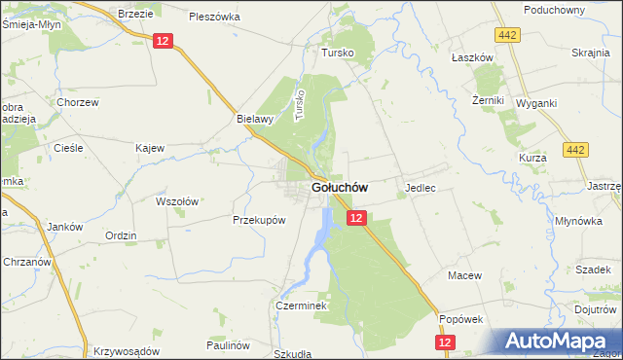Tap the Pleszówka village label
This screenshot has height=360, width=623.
coord(215,17)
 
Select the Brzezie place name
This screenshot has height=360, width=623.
coord(136,14)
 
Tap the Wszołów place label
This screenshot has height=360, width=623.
coord(177,201)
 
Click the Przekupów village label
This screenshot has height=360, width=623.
coord(259,220)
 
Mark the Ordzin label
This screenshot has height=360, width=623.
coord(121,235)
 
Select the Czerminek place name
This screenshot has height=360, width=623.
coord(305,305)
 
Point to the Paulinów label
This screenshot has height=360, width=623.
coord(229,345)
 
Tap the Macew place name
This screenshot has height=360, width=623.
coord(464,275)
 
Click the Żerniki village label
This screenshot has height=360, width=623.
coord(487,100)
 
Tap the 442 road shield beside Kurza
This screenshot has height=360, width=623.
coord(575,150)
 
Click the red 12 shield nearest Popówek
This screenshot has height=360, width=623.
coord(445,342)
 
